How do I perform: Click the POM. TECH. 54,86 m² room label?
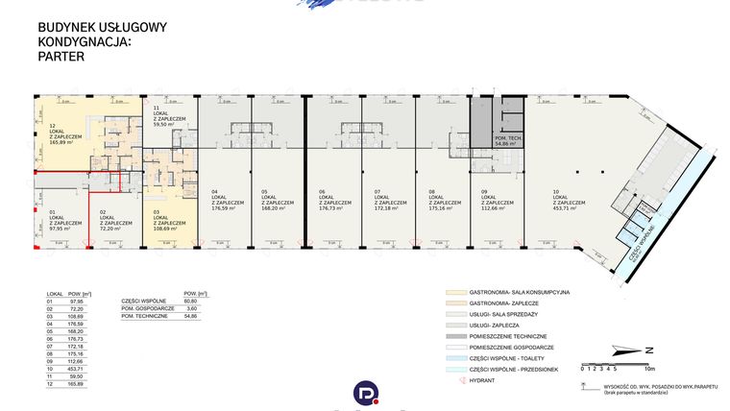coord(494,141)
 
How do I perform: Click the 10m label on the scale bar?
coord(649,368)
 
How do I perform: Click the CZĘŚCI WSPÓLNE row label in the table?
coord(141,300)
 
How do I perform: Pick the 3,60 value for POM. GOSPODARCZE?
coord(190,308)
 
